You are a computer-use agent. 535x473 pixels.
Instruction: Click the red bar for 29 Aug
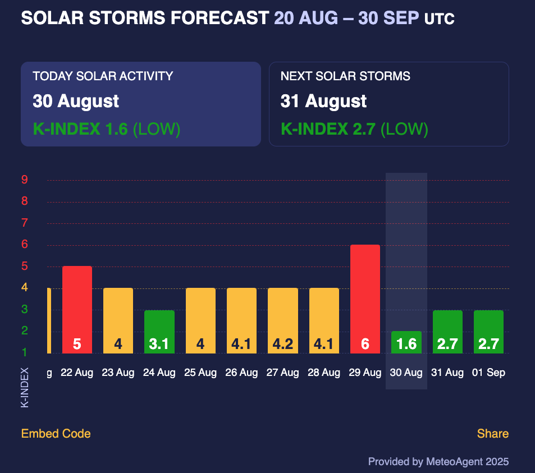tap(365, 299)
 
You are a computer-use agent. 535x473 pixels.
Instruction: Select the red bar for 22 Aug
tap(77, 310)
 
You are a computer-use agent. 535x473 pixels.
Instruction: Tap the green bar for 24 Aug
tap(159, 332)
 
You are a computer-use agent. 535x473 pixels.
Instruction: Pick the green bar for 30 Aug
tap(406, 342)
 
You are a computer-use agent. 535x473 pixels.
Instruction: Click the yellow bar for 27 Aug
tap(283, 320)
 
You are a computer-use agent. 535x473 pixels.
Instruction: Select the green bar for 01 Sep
tap(488, 332)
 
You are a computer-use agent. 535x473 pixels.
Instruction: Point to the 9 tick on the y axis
tap(25, 180)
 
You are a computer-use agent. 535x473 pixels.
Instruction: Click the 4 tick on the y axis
tap(25, 287)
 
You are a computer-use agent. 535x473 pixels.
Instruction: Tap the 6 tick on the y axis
tap(25, 244)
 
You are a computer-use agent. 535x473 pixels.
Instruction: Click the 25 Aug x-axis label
tap(200, 373)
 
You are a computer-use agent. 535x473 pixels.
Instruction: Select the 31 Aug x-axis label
tap(447, 373)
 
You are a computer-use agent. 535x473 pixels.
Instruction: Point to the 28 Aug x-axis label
tap(324, 373)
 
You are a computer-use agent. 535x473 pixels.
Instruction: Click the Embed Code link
tap(56, 433)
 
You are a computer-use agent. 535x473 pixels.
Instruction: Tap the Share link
tap(493, 433)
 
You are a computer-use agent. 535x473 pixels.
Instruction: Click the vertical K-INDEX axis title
tap(25, 387)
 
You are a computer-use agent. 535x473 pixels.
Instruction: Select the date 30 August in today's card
tap(76, 102)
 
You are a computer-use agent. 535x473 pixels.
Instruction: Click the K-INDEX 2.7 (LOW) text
tap(354, 129)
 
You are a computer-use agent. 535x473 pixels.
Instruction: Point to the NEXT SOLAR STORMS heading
tap(345, 76)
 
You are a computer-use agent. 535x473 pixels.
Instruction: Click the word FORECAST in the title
tap(220, 18)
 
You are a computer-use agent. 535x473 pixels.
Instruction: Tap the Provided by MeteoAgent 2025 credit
tap(438, 462)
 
